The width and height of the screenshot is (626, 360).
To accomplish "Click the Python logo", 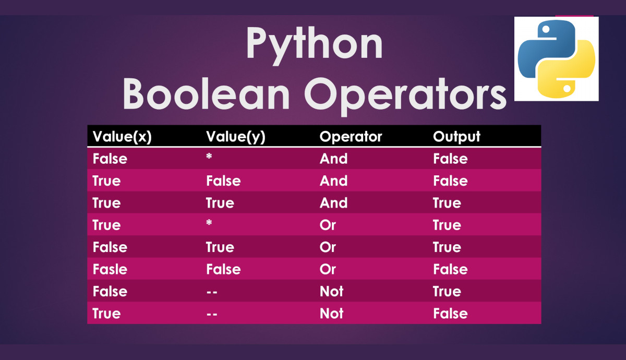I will coord(556,58).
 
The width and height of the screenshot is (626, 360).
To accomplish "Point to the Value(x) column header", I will coord(122,137).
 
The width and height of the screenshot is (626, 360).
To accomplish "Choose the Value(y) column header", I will coord(236,137).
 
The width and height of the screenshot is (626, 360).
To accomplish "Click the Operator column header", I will coord(351,137).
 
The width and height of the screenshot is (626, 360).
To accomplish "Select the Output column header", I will coord(456,137).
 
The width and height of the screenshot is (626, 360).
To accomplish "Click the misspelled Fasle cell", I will coord(110,269).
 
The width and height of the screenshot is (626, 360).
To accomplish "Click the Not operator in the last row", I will coord(331,314).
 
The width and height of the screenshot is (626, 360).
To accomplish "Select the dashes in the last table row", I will coord(212,314).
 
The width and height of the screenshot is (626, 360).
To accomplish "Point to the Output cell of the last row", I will coord(450,314).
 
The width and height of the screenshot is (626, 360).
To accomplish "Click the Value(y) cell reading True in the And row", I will coord(220,203).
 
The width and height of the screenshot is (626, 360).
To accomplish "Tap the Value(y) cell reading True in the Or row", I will coord(220,247).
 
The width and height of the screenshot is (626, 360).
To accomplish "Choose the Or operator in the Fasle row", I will coord(328,269).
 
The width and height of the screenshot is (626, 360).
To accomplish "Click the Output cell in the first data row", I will coord(450,159).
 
